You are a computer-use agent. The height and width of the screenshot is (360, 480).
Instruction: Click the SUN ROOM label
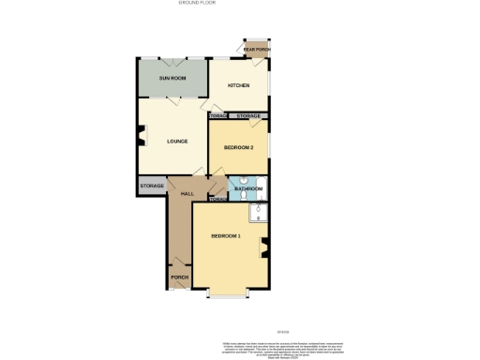click(172, 78)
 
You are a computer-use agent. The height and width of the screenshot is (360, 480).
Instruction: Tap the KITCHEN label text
click(238, 85)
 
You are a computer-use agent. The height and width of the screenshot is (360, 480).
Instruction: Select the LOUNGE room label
click(177, 142)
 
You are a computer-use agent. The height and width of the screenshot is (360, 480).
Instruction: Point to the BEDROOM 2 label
click(238, 147)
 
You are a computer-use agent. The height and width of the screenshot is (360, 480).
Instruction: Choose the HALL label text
click(187, 193)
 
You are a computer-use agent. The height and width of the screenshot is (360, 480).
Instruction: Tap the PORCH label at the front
click(179, 278)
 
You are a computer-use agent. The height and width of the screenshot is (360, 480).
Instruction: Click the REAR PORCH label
click(255, 49)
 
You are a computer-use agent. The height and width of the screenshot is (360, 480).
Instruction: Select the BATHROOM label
click(248, 189)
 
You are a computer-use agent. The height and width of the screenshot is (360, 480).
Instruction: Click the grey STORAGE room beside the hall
click(152, 186)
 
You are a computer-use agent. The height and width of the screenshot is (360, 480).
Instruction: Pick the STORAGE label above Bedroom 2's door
click(248, 116)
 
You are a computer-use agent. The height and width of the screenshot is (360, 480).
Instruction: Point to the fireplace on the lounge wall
click(141, 142)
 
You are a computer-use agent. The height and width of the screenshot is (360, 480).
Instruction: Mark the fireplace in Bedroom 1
click(265, 248)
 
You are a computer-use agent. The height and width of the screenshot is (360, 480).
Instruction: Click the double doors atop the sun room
click(172, 59)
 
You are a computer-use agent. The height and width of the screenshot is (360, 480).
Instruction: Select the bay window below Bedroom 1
click(228, 294)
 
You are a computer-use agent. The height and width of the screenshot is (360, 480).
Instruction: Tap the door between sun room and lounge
click(178, 99)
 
